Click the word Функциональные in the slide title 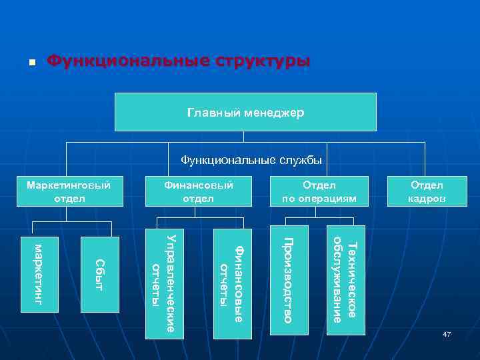[127, 61]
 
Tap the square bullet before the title [32, 63]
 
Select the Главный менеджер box [245, 112]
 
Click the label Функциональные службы [251, 160]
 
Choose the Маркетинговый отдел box [68, 191]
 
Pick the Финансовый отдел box [198, 191]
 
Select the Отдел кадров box [427, 191]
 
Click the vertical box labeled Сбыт [99, 274]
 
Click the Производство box [289, 280]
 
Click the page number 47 [447, 333]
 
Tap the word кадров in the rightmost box [427, 198]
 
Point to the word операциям [328, 198]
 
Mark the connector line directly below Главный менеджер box [243, 137]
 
